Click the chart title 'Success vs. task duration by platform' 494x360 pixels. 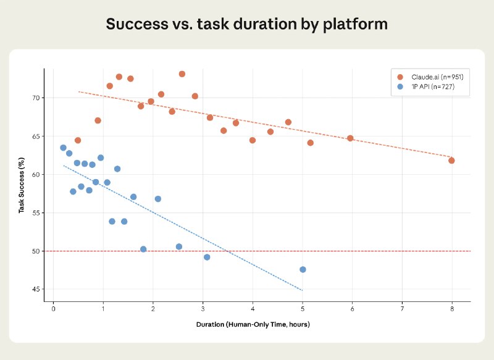click(x=246, y=24)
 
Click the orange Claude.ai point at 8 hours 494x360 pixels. click(x=451, y=161)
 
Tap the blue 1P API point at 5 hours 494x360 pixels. click(x=303, y=269)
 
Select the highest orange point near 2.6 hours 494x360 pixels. click(x=182, y=74)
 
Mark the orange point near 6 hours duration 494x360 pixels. click(x=350, y=138)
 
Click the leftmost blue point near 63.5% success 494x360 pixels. click(x=63, y=148)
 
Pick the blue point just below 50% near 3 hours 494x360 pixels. click(x=207, y=257)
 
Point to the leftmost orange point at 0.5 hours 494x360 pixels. click(x=78, y=140)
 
